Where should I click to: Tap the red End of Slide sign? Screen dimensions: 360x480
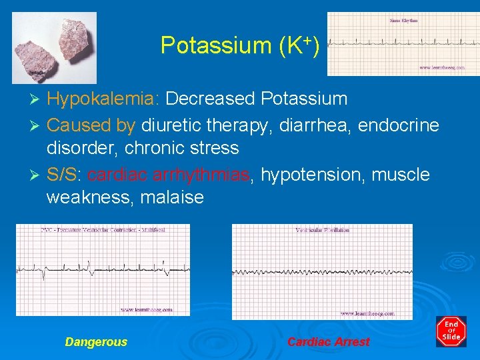[x=451, y=331]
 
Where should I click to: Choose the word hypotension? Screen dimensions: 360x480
[x=313, y=175]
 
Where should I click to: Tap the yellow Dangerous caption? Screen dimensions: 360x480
[x=96, y=342]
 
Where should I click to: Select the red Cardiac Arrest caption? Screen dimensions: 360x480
[x=328, y=342]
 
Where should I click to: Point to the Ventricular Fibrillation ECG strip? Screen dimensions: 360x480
[x=321, y=271]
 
